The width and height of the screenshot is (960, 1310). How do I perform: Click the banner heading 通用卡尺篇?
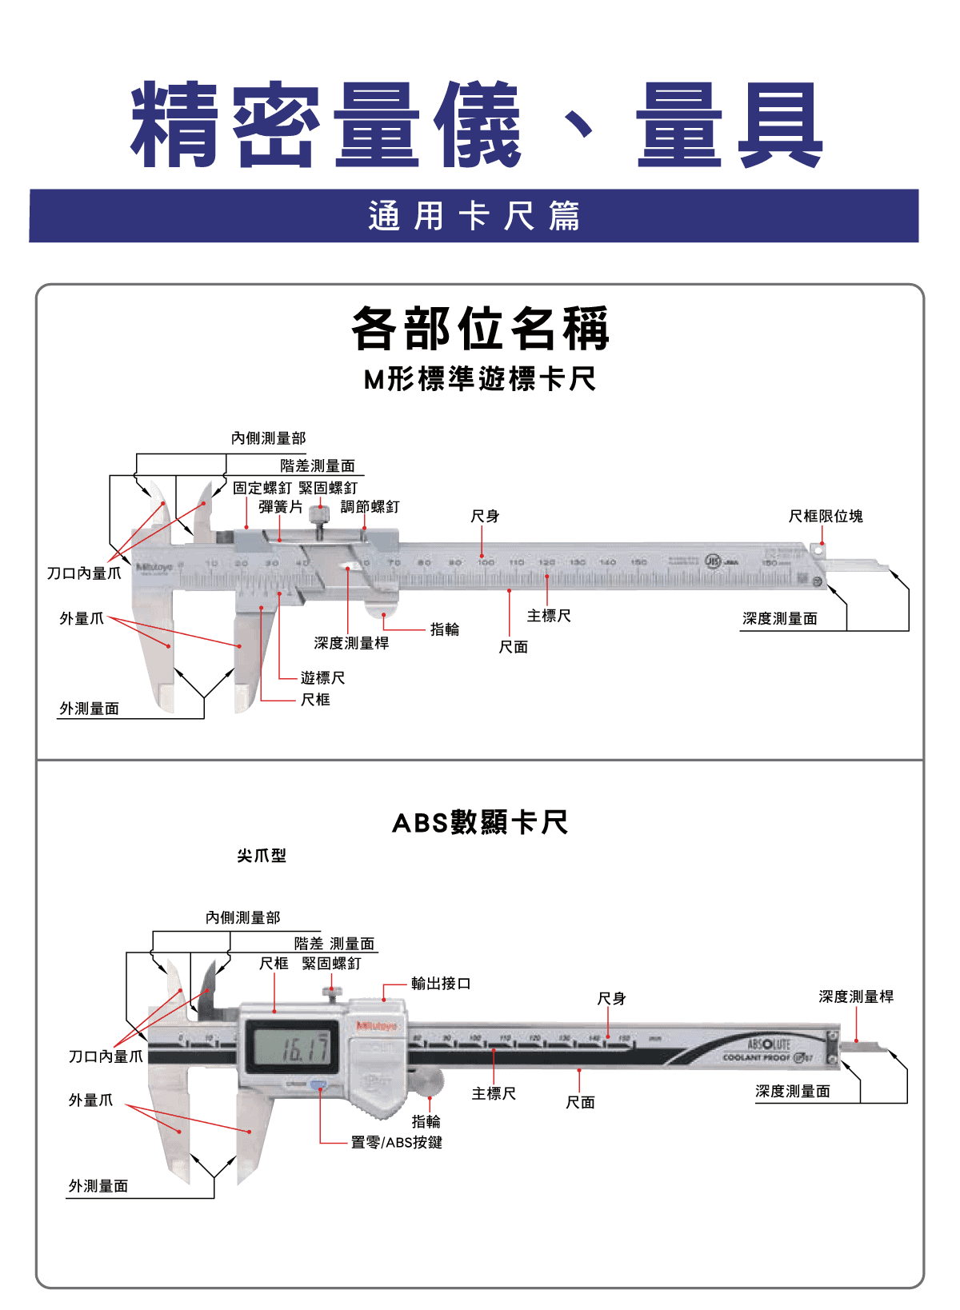474,216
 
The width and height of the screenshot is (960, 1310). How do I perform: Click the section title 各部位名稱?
480,328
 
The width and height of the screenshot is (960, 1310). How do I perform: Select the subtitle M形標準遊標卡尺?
480,379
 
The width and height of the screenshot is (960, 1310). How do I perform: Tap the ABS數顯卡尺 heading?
480,822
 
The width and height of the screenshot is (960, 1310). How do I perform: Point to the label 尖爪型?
261,856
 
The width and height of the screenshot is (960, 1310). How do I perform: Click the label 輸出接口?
440,984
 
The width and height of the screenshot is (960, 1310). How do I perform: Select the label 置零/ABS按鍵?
396,1142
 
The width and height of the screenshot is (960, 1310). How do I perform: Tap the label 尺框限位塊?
825,517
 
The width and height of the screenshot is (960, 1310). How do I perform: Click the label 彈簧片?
280,507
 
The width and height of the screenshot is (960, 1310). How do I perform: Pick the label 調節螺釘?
370,507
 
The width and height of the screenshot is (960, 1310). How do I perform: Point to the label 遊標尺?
322,678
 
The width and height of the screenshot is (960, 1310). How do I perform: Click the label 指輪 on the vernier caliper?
444,629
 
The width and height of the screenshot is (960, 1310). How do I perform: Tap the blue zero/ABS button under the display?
318,1085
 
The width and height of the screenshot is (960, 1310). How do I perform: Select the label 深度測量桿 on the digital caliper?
855,996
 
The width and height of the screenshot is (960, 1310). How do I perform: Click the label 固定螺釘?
262,488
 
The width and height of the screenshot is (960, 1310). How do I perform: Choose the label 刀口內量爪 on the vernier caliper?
83,573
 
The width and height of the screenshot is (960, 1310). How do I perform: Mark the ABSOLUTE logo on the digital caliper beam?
768,1044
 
